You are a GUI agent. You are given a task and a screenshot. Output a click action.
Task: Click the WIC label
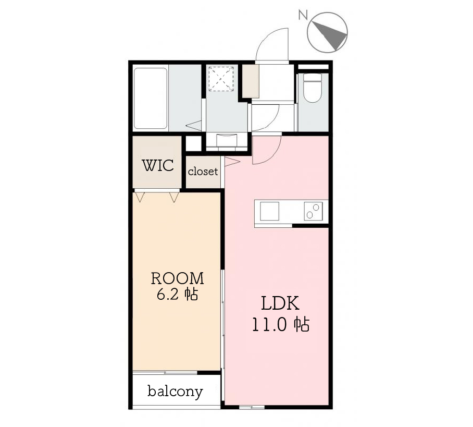[x=158, y=165]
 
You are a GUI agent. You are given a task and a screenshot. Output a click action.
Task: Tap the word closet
[x=203, y=172]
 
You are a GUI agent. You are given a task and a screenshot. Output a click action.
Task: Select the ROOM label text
[x=177, y=278]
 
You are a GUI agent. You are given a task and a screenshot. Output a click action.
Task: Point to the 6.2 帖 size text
[x=177, y=294]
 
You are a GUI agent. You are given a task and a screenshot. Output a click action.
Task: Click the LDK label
[x=280, y=303]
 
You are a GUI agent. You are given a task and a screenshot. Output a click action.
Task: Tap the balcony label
[x=175, y=392]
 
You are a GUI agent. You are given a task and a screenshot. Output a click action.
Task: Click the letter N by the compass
[x=303, y=15]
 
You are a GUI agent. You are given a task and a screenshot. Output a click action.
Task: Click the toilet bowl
[x=312, y=88]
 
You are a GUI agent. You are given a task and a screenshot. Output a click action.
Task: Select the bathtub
[x=151, y=99]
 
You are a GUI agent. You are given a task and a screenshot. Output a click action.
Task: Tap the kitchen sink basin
[x=270, y=211]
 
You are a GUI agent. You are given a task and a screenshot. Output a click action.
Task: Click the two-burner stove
[x=313, y=211]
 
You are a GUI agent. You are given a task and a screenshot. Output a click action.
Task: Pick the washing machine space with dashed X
[x=221, y=79]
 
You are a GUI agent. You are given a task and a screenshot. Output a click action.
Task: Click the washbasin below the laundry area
[x=227, y=140]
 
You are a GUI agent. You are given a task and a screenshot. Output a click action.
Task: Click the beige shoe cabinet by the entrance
[x=251, y=81]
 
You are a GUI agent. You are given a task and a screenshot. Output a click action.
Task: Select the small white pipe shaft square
[x=193, y=144]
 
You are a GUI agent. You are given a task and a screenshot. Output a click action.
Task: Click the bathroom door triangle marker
[x=193, y=126]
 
